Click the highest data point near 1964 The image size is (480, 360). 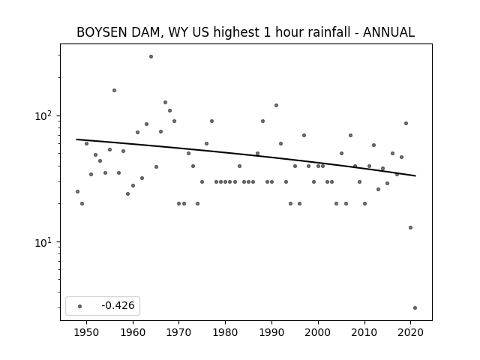click(x=151, y=57)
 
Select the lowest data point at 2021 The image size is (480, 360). click(x=415, y=308)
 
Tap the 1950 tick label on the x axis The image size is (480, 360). click(x=87, y=332)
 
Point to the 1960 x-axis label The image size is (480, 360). click(x=133, y=332)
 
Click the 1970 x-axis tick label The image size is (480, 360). click(x=179, y=332)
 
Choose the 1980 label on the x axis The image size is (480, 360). click(x=225, y=332)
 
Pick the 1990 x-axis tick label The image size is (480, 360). click(x=271, y=332)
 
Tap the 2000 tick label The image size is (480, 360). click(x=318, y=332)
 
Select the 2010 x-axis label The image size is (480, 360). click(x=364, y=332)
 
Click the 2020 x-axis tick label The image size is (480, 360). click(x=410, y=332)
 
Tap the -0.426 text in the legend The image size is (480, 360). click(x=118, y=305)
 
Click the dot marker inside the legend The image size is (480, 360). click(x=80, y=306)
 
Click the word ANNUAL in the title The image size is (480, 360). click(x=388, y=32)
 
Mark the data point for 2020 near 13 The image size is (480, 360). click(x=410, y=227)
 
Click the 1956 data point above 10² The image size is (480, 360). click(x=114, y=90)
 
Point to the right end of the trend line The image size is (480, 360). click(x=415, y=175)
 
